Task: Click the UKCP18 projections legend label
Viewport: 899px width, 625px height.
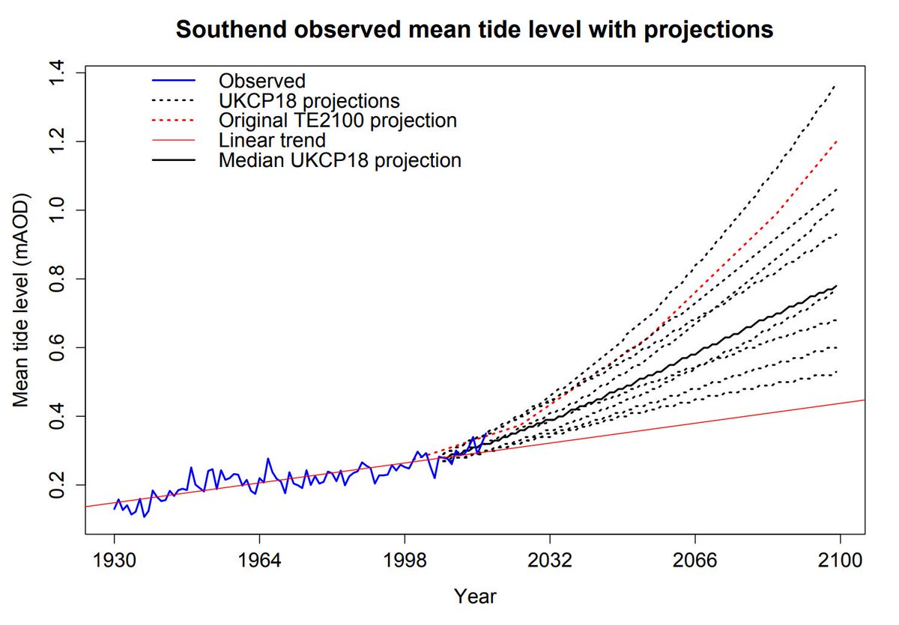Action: coord(309,100)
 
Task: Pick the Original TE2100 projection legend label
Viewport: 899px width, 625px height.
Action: coord(338,120)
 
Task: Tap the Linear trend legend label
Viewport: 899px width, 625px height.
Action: coord(273,140)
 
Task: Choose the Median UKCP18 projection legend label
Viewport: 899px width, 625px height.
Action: coord(340,160)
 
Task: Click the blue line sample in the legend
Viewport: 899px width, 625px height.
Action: coord(173,80)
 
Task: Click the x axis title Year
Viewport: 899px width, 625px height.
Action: coord(475,597)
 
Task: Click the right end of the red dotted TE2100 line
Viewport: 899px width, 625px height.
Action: coord(836,141)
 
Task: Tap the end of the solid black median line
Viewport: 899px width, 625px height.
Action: coord(836,286)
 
